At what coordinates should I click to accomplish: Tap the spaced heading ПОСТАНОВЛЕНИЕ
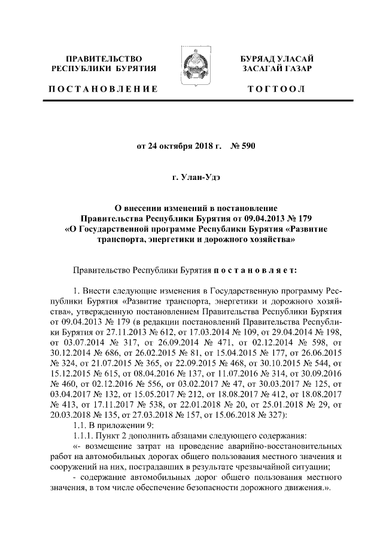pyautogui.click(x=102, y=89)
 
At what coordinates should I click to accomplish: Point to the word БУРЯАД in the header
pyautogui.click(x=257, y=59)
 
